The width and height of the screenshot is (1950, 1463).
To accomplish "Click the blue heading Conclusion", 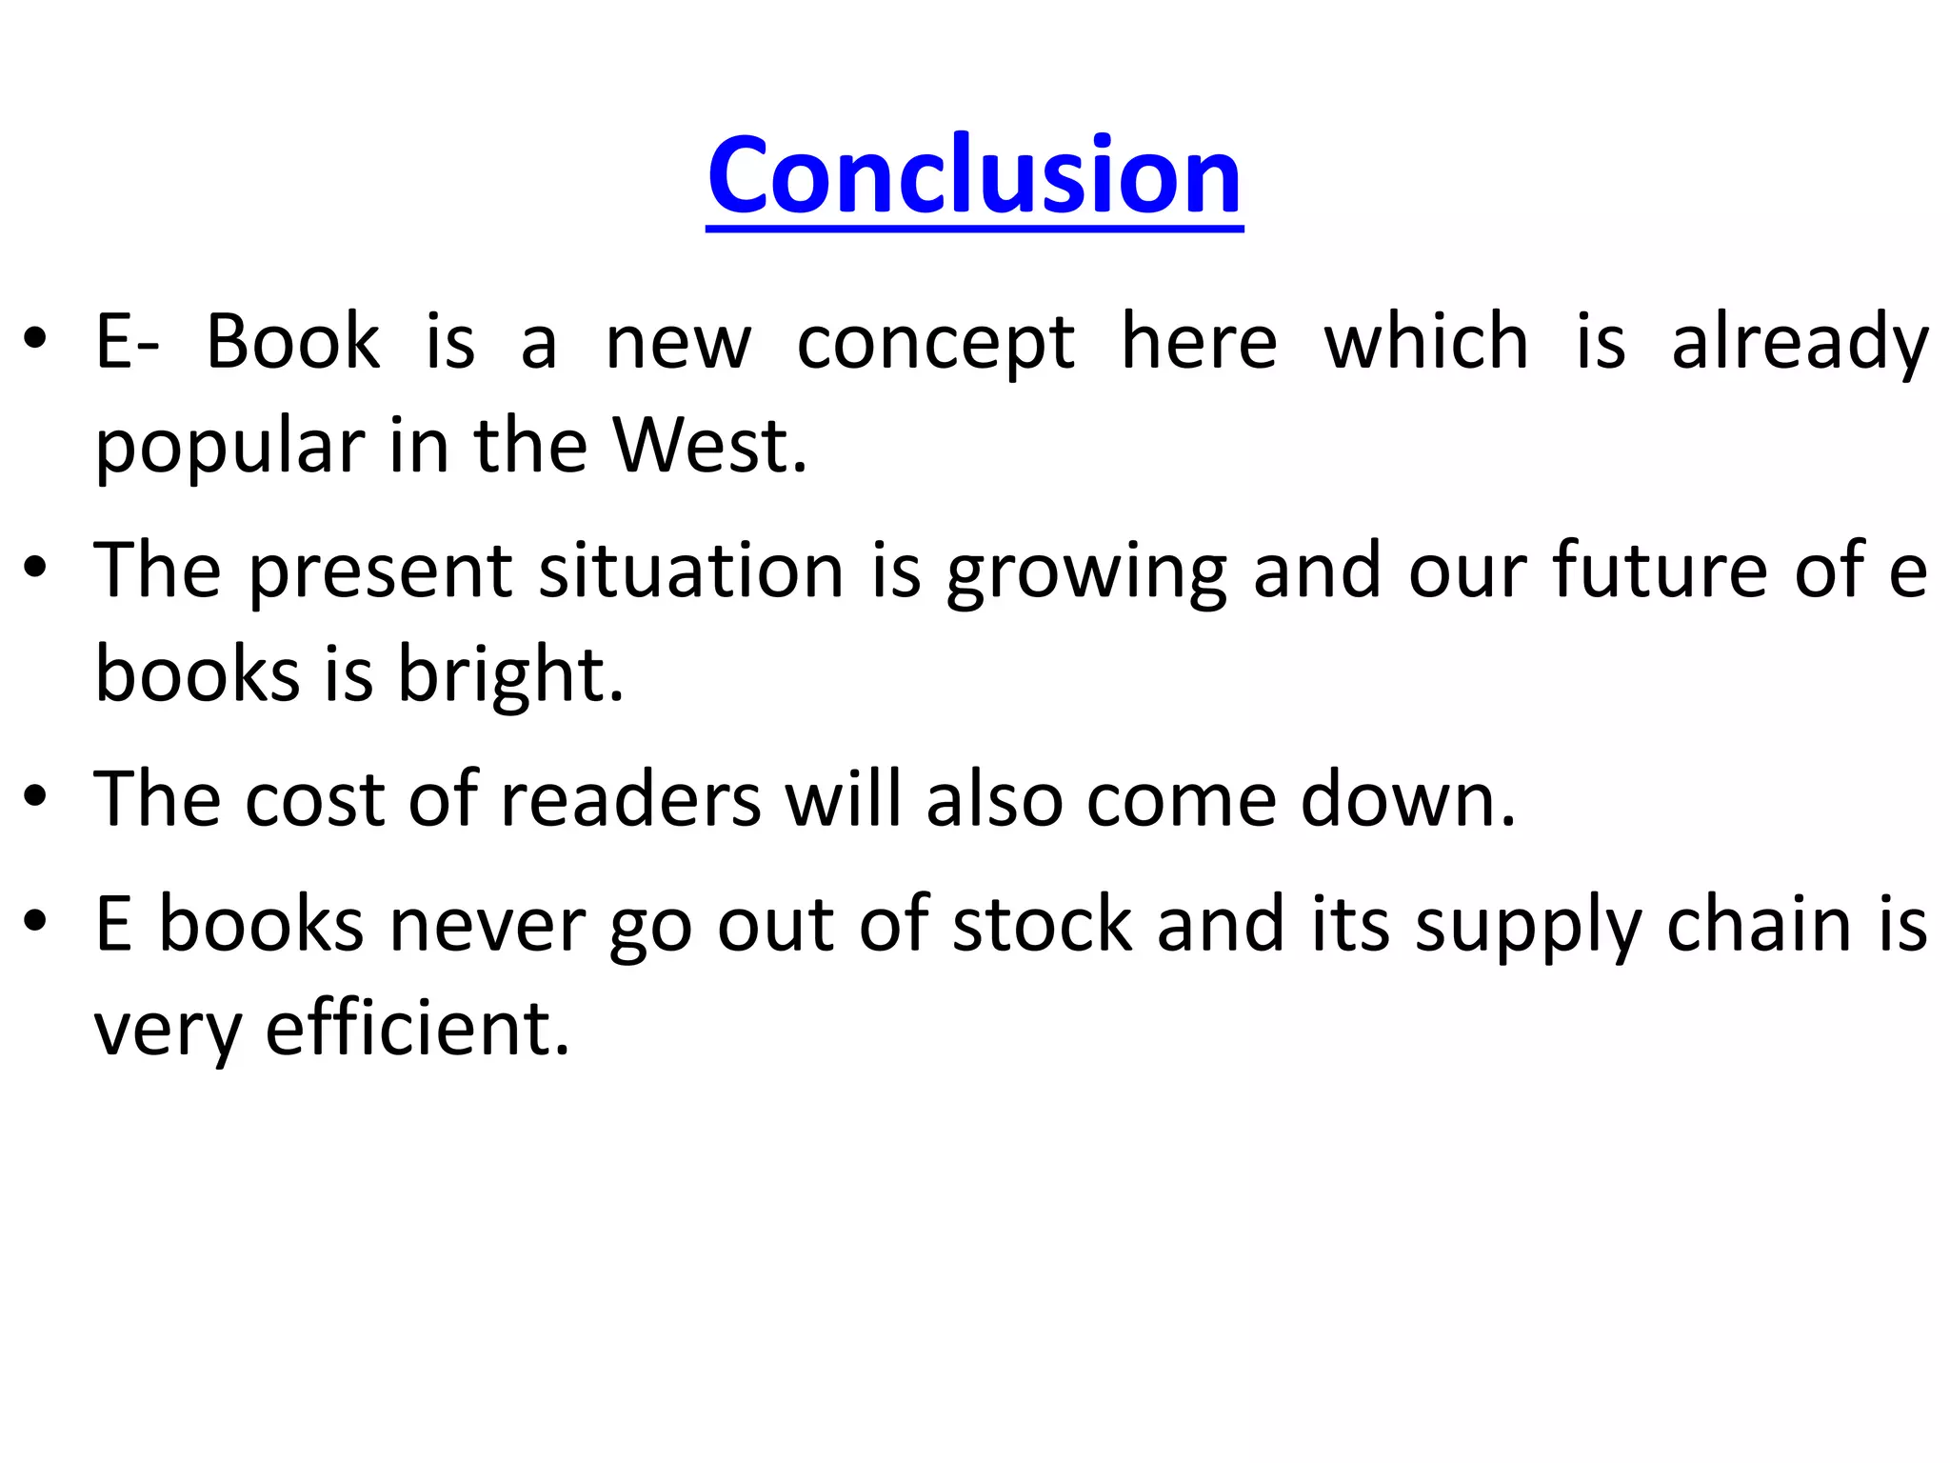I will (974, 175).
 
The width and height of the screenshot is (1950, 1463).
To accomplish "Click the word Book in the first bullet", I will (293, 342).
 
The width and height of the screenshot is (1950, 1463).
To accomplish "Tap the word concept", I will (935, 344).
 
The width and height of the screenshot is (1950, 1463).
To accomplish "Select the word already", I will (1800, 344).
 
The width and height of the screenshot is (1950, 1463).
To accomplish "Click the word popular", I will (229, 448).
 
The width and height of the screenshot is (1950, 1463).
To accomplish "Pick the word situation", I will (691, 571).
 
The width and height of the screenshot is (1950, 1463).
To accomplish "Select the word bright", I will (510, 675).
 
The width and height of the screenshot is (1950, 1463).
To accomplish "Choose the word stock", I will (1043, 925).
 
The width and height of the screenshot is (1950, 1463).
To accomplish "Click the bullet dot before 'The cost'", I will (36, 797).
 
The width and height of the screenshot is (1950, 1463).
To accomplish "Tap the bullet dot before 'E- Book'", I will (36, 340).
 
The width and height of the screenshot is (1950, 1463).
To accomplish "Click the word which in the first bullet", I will (1425, 342).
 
